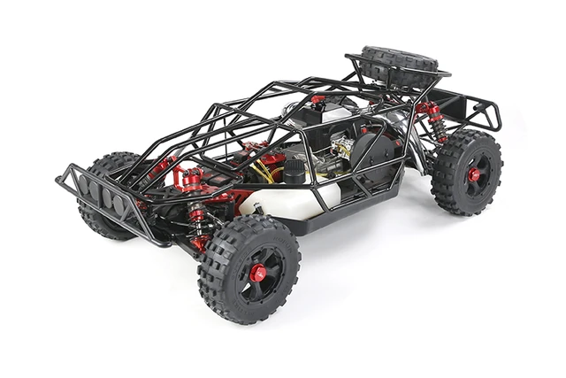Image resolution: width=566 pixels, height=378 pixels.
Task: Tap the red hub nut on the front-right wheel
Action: (x=257, y=273)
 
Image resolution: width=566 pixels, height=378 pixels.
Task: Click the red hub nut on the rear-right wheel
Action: (x=474, y=174)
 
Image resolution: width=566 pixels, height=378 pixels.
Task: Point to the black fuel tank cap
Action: (x=294, y=174)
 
